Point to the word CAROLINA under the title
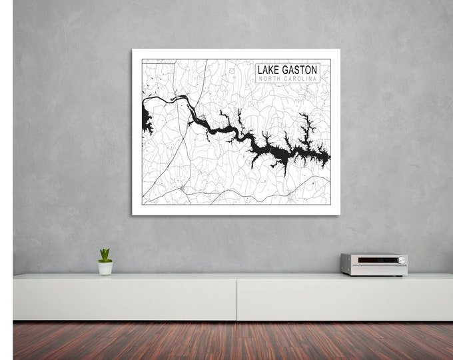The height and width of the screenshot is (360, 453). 302,79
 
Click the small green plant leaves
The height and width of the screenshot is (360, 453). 105,255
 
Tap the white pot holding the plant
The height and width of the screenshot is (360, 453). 105,267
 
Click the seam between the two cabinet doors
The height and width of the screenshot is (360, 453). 236,297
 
